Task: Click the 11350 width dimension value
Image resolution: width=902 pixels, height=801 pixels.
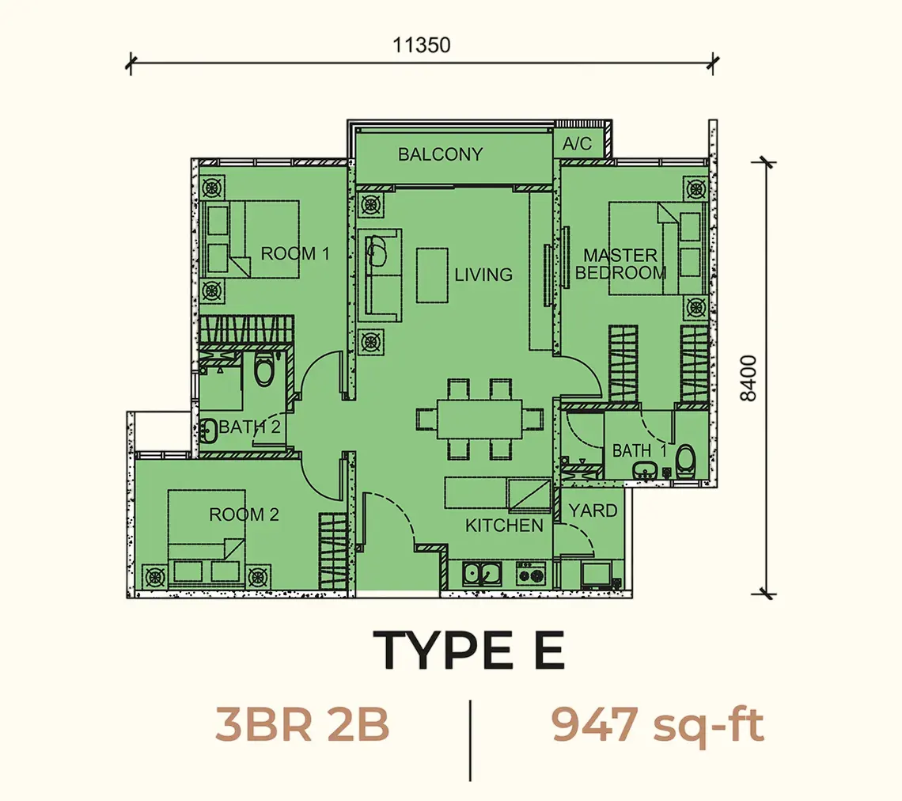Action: click(x=421, y=45)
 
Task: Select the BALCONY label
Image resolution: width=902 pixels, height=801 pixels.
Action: click(x=440, y=154)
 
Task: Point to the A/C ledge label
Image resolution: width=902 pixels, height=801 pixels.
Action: click(x=577, y=142)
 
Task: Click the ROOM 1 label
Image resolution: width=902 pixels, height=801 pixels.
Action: click(x=295, y=253)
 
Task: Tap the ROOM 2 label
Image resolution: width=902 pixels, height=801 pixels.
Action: click(x=244, y=514)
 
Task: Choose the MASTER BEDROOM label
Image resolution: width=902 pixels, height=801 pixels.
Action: click(x=620, y=264)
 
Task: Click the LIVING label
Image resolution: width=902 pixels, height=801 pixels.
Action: click(x=483, y=275)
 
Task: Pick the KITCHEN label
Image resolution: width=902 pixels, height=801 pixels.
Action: click(x=504, y=526)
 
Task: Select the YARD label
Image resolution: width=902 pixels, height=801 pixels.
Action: click(x=593, y=511)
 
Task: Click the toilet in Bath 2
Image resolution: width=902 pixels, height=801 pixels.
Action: click(x=264, y=370)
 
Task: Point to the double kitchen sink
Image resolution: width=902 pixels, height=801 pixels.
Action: click(x=482, y=574)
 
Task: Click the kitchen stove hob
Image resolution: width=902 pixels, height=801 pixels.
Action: click(x=532, y=574)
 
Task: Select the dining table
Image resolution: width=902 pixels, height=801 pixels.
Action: click(x=479, y=419)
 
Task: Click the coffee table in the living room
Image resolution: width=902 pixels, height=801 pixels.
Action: click(x=433, y=275)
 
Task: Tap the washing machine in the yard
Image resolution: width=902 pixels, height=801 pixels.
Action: click(x=596, y=574)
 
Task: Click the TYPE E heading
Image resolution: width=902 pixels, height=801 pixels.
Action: click(x=469, y=651)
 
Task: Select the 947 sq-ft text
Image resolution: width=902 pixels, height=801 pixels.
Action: click(x=658, y=726)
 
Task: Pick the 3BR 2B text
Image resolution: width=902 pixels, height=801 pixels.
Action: click(x=302, y=724)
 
